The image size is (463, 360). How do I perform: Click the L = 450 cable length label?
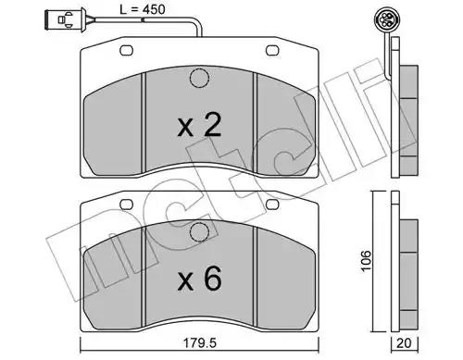(143, 9)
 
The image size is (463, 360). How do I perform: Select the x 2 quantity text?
(199, 125)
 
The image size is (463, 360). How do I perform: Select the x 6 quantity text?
(199, 279)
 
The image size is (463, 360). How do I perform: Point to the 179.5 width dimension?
(200, 343)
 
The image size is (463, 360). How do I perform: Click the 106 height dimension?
(367, 261)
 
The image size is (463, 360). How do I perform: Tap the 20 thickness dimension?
(405, 343)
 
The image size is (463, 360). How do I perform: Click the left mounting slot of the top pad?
(126, 51)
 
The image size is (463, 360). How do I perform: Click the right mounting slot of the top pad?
(272, 51)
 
